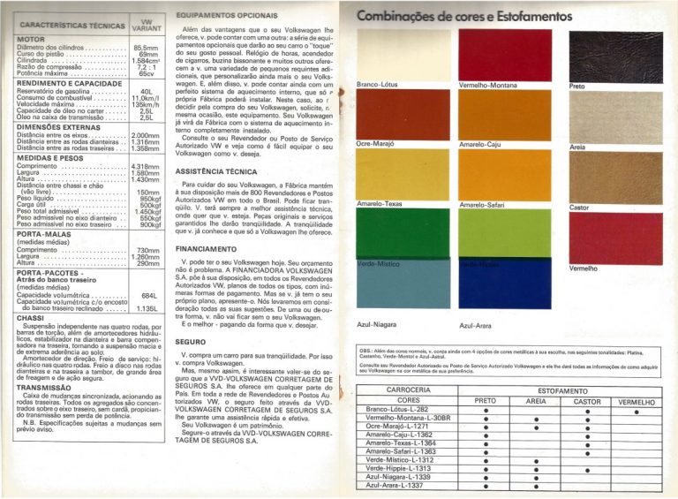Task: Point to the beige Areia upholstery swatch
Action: click(x=604, y=117)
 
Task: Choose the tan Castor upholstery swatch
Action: click(x=604, y=178)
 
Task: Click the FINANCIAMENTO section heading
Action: click(x=205, y=250)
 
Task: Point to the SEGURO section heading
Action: click(x=191, y=340)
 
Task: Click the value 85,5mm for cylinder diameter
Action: click(x=145, y=49)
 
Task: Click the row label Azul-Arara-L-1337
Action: click(x=395, y=485)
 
